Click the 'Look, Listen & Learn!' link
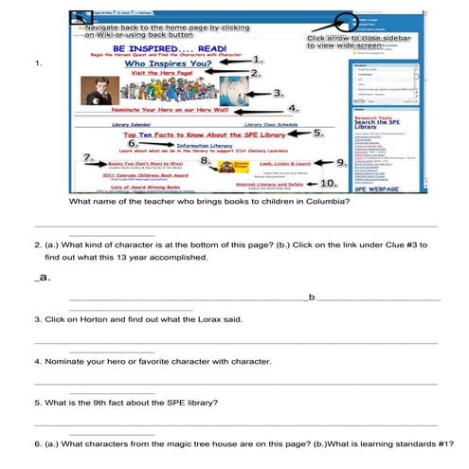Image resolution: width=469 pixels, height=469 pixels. click(x=276, y=163)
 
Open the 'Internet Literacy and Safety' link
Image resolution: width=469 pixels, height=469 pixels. click(x=269, y=183)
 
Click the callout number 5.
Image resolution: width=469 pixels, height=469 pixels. click(x=319, y=134)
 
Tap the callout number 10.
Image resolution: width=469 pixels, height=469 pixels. click(x=327, y=182)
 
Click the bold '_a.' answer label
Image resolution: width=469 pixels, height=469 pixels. click(x=43, y=278)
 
